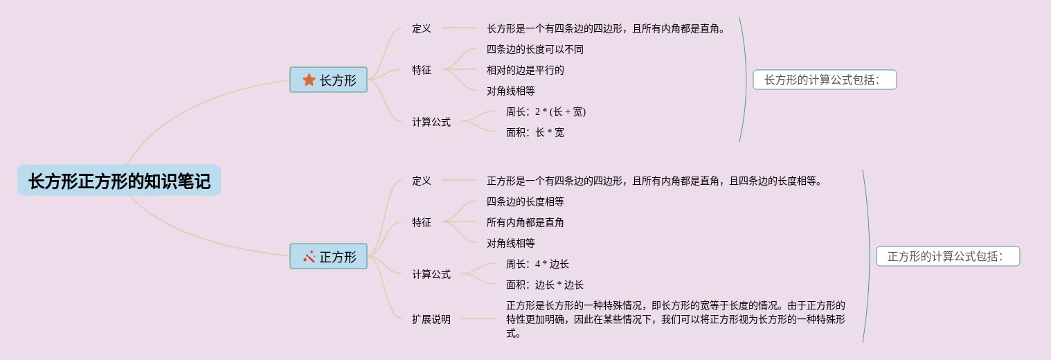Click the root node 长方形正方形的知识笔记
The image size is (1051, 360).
pyautogui.click(x=119, y=181)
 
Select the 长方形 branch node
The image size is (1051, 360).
pyautogui.click(x=328, y=80)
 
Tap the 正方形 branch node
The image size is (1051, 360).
pyautogui.click(x=328, y=257)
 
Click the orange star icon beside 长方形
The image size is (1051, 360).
pyautogui.click(x=309, y=80)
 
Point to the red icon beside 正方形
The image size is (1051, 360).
pyautogui.click(x=309, y=257)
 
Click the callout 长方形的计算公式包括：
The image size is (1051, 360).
pyautogui.click(x=825, y=80)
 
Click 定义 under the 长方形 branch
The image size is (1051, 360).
pyautogui.click(x=422, y=28)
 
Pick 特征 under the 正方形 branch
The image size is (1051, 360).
pyautogui.click(x=422, y=222)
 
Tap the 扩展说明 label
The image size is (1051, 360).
pyautogui.click(x=431, y=319)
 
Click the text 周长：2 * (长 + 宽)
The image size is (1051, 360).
pyautogui.click(x=546, y=111)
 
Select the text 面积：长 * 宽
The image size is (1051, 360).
pyautogui.click(x=535, y=132)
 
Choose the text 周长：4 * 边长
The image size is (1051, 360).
pyautogui.click(x=538, y=264)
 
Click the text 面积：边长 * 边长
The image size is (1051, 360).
pyautogui.click(x=545, y=285)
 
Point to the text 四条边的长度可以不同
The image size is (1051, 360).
pyautogui.click(x=531, y=49)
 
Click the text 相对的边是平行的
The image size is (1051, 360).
pyautogui.click(x=525, y=70)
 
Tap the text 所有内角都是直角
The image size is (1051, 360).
pyautogui.click(x=525, y=222)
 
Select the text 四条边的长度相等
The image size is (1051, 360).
pyautogui.click(x=525, y=201)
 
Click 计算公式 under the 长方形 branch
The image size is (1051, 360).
pyautogui.click(x=431, y=122)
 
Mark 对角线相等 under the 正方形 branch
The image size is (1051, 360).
pyautogui.click(x=511, y=243)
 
